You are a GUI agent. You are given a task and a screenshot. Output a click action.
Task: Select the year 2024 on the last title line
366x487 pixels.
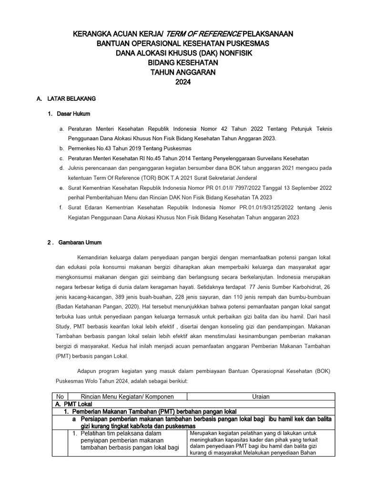pyautogui.click(x=183, y=82)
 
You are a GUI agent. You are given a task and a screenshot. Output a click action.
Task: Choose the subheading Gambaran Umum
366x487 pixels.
pyautogui.click(x=80, y=242)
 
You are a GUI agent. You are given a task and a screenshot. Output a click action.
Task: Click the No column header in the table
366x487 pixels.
pyautogui.click(x=60, y=397)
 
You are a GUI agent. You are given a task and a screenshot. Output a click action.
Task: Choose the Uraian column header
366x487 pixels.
pyautogui.click(x=261, y=397)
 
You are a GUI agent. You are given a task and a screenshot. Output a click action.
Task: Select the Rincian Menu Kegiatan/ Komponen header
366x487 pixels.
pyautogui.click(x=127, y=397)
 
